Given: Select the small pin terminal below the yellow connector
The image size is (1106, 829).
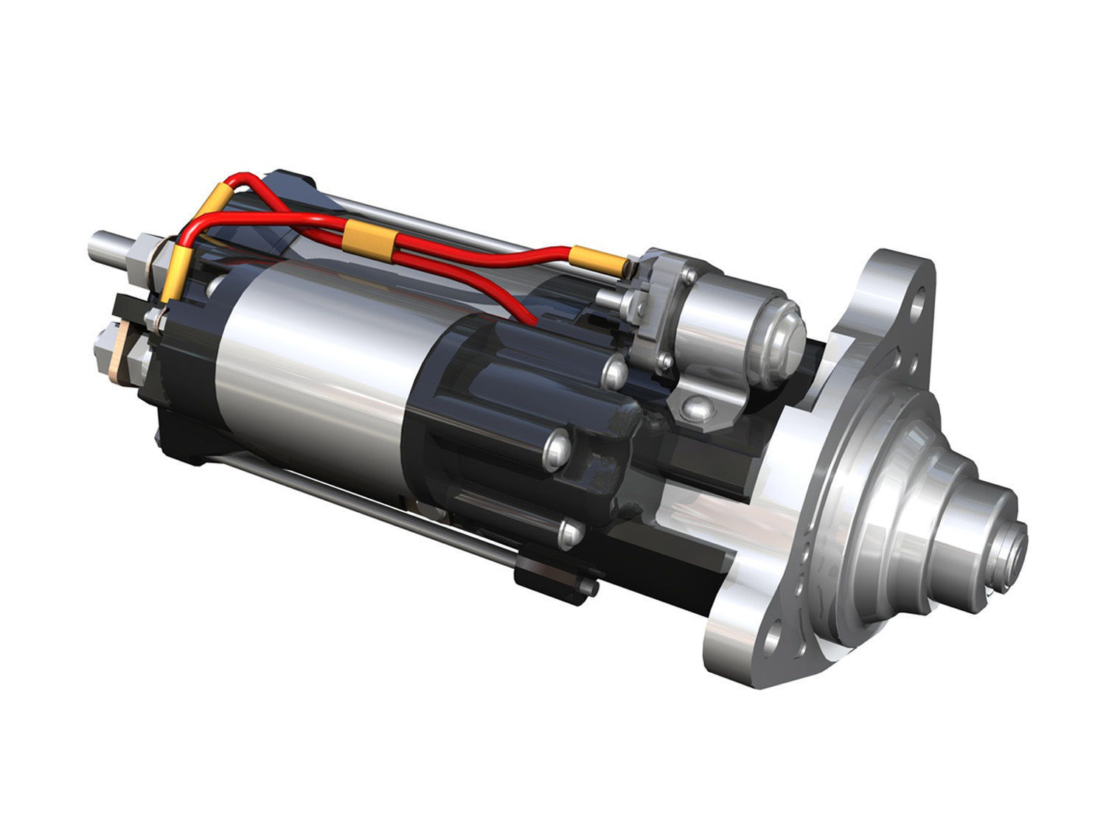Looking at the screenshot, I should pyautogui.click(x=608, y=298).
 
